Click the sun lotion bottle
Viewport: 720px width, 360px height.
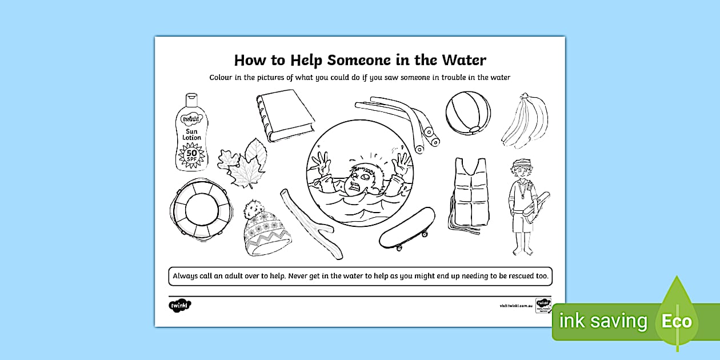[191, 133]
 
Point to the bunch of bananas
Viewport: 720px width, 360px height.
[525, 121]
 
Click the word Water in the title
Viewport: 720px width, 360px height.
[461, 60]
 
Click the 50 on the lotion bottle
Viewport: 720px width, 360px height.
[191, 153]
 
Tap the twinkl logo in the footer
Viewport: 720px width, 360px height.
[180, 305]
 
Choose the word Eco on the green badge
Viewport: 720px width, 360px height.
[677, 321]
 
